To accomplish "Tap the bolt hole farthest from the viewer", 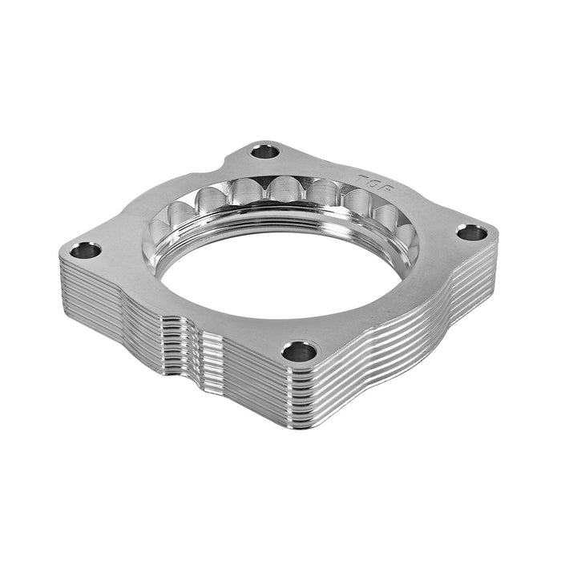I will tap(265, 151).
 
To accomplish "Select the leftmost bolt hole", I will tap(85, 251).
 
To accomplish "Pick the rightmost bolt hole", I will tap(471, 233).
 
